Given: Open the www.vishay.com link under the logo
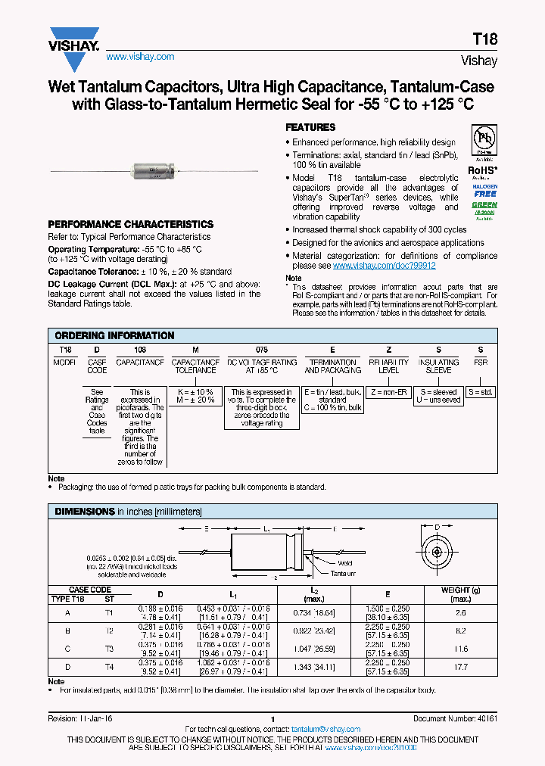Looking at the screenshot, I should coord(140,57).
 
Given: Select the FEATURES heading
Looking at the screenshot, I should coord(310,128).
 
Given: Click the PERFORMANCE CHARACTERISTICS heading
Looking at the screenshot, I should coord(130,225).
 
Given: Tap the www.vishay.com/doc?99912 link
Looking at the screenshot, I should coord(384,266).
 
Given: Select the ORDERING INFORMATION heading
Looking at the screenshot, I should coord(115,335).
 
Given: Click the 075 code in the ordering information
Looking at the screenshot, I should coord(261,350).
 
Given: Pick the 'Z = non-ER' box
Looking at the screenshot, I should coord(388,392).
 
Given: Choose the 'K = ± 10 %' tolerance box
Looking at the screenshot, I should coord(195,392).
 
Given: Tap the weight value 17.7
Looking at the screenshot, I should coord(461,667).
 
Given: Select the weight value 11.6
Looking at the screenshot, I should coord(461,649).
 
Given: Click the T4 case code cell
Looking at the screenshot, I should coord(108,667).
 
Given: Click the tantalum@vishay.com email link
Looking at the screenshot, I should coord(325,729).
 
